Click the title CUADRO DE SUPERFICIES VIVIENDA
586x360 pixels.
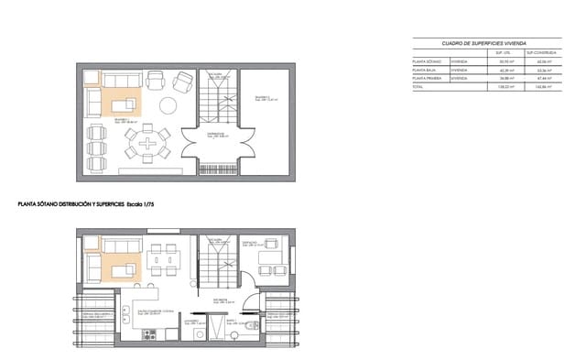(x=483, y=43)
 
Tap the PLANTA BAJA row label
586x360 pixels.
(x=424, y=70)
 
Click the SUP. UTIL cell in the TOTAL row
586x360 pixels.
(x=504, y=87)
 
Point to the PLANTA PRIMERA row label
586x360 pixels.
(x=427, y=78)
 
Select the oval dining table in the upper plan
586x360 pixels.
(x=146, y=143)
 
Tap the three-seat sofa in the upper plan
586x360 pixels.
(x=120, y=80)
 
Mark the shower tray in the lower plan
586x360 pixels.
(x=212, y=330)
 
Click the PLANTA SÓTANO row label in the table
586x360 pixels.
(x=426, y=61)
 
